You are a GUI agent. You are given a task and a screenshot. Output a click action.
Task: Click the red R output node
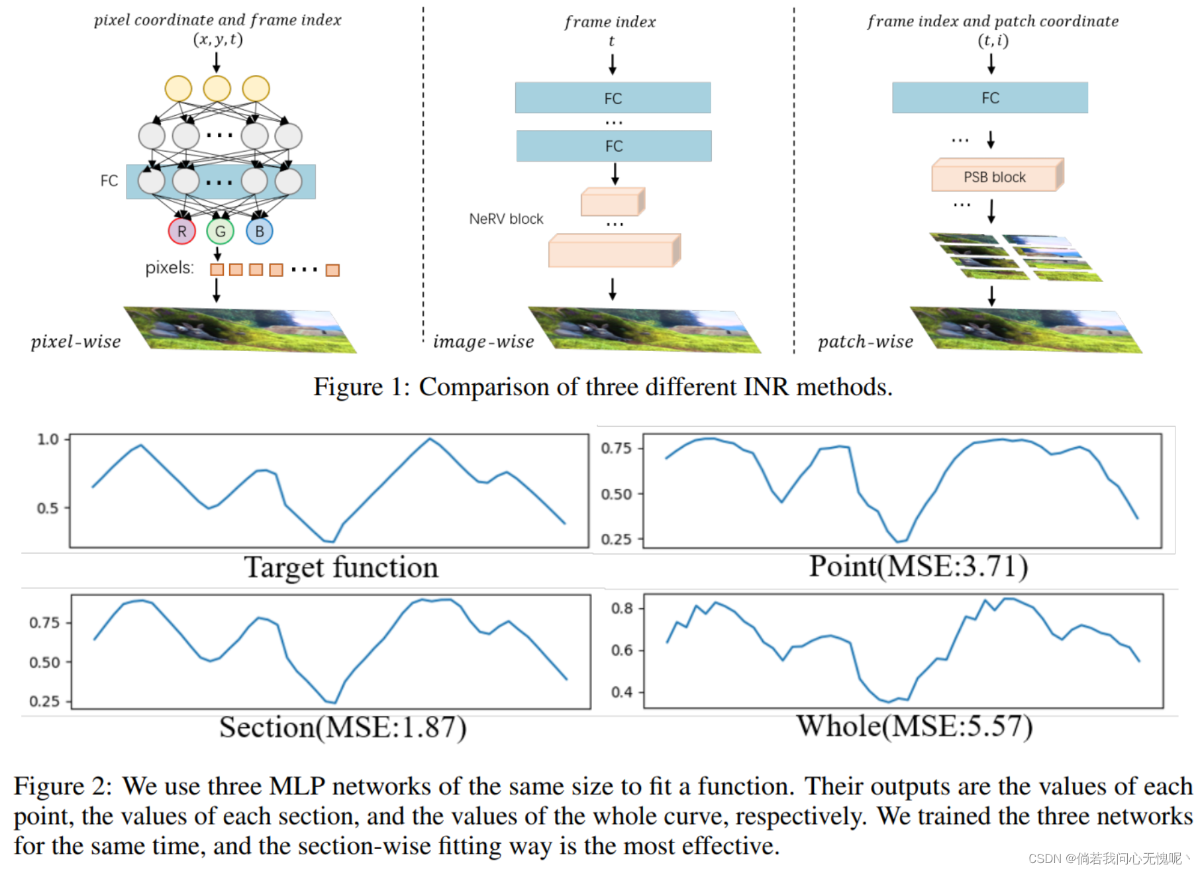click(x=181, y=231)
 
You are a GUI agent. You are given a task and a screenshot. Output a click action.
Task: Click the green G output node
click(x=220, y=231)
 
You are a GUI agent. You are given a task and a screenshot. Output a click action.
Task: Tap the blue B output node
click(x=259, y=231)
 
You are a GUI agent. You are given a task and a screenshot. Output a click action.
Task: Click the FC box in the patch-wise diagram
click(x=989, y=98)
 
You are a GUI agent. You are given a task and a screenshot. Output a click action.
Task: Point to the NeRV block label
click(x=506, y=219)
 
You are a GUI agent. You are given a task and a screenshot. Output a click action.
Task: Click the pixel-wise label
click(x=75, y=342)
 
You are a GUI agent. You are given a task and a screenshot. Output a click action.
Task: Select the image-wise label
click(x=483, y=342)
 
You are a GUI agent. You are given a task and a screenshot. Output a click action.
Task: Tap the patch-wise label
click(x=865, y=342)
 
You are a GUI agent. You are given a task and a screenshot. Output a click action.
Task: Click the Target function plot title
click(x=341, y=567)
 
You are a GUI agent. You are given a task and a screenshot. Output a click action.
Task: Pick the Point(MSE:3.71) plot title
click(x=918, y=566)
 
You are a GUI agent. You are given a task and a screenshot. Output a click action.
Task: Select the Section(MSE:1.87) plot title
click(x=343, y=727)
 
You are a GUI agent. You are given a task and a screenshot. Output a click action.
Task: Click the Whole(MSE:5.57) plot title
click(x=914, y=726)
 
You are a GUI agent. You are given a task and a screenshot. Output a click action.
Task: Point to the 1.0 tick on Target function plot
click(x=48, y=439)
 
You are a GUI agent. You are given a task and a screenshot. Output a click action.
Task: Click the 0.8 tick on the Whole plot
click(x=622, y=608)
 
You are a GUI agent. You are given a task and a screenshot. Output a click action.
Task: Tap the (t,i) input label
click(x=993, y=40)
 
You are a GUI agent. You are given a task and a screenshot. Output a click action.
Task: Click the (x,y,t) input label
click(x=218, y=39)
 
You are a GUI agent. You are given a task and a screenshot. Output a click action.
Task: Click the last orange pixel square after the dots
click(x=332, y=270)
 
